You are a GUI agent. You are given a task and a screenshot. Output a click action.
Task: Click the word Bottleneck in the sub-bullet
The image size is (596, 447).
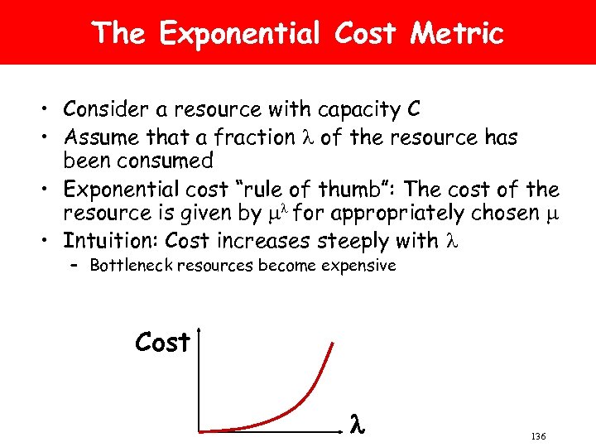click(x=128, y=266)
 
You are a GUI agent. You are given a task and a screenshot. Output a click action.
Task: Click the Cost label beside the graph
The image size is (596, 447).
click(x=163, y=342)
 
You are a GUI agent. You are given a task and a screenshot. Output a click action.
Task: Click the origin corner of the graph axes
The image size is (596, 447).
click(x=199, y=430)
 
